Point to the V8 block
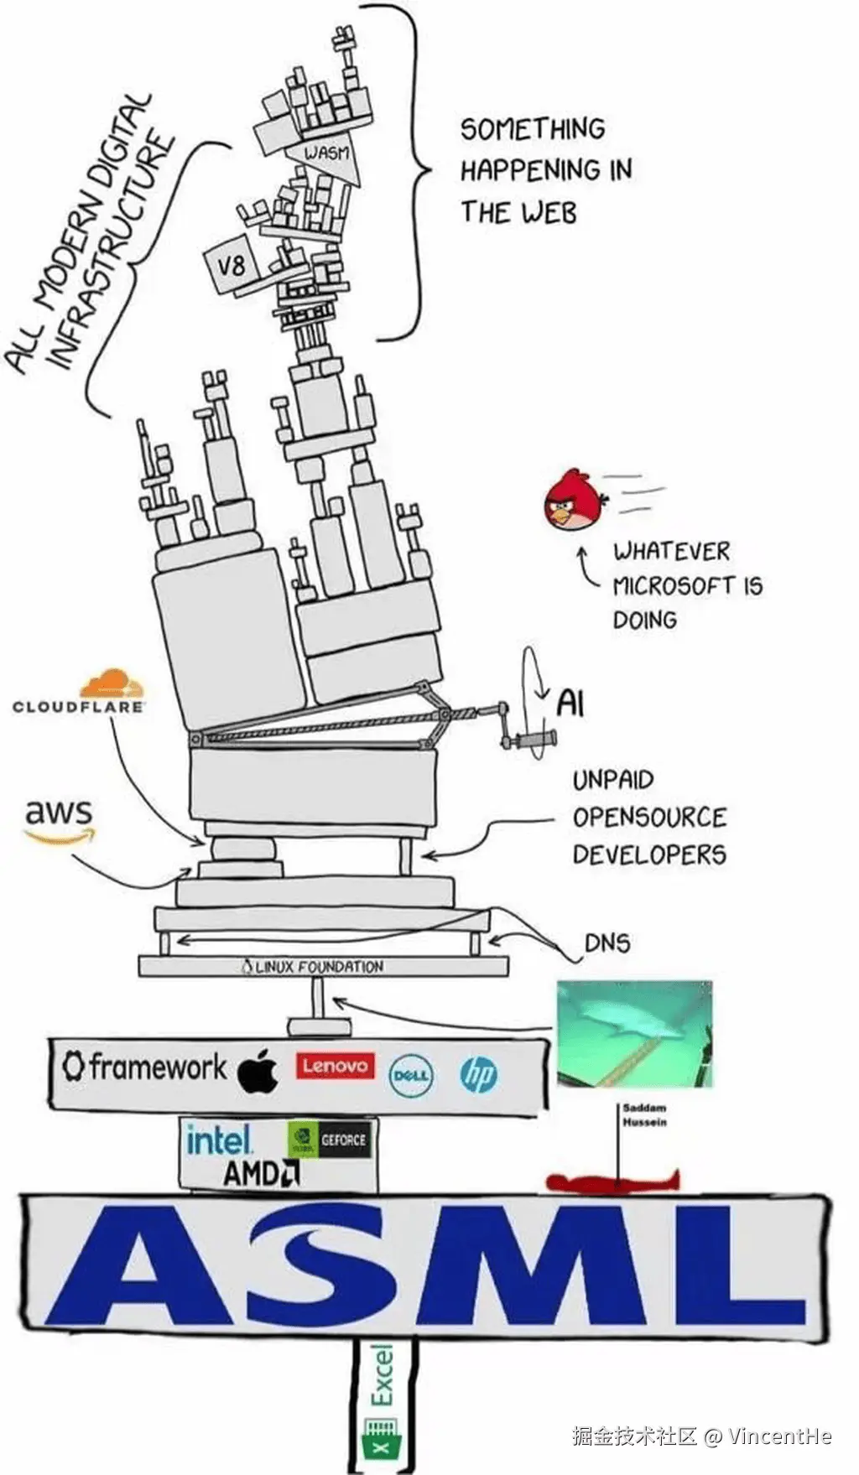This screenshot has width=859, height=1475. point(230,267)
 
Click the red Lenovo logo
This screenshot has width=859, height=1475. point(335,1066)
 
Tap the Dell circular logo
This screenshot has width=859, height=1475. point(411,1075)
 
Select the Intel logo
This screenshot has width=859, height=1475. point(218,1140)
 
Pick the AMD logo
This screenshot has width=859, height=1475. point(261,1173)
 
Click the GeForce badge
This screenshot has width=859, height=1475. point(329,1140)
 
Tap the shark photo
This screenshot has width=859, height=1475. point(634,1033)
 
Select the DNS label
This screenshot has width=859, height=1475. point(607,943)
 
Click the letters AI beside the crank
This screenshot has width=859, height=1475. point(570,702)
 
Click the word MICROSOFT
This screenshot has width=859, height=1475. point(674,585)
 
